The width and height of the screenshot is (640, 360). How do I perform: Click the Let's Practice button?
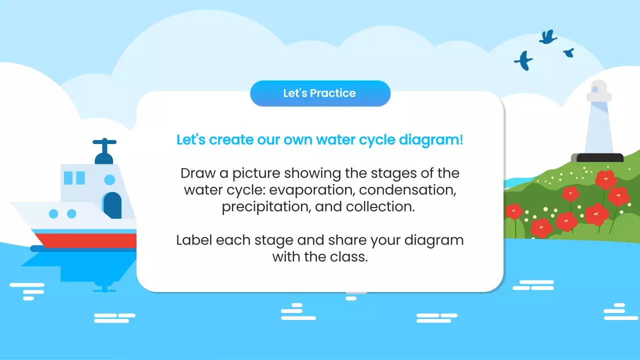[320, 93]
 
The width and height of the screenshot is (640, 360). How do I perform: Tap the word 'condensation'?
[407, 190]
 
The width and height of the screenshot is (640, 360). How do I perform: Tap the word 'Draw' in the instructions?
[197, 173]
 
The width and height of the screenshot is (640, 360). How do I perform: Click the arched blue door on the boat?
[112, 205]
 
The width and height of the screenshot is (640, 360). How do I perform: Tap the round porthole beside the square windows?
[109, 179]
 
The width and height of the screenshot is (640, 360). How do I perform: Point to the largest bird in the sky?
[523, 60]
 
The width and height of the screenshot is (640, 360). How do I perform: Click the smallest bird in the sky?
[568, 52]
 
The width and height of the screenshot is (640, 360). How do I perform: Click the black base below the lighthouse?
[599, 158]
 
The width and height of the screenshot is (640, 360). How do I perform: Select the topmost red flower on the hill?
[606, 179]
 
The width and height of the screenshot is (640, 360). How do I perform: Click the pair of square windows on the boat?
[74, 178]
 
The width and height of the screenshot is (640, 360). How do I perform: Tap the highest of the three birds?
[548, 36]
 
